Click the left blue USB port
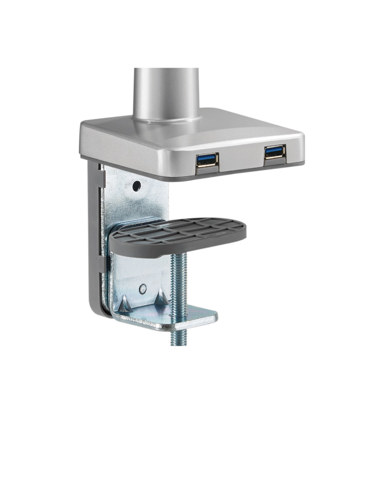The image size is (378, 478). pos(207,159)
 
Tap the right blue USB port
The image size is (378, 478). pos(274,152)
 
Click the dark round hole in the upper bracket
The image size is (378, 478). pos(136,186)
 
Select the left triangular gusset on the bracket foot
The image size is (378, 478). pos(125,304)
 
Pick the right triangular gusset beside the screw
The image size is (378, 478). pos(160,295)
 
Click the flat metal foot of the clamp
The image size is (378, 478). pos(197,317)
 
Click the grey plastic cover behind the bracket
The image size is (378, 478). pos(94,235)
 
